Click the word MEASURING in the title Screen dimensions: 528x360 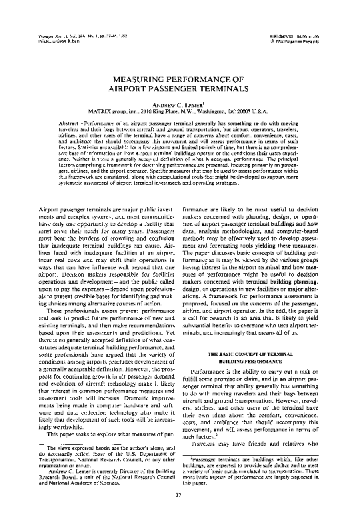coord(138,77)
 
